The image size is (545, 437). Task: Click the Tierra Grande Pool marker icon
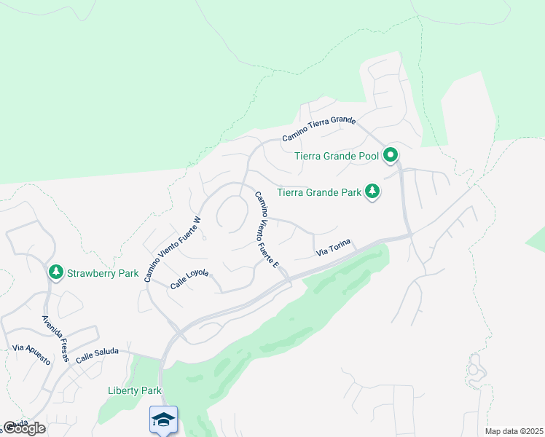pyautogui.click(x=391, y=154)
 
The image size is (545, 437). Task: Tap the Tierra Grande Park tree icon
pyautogui.click(x=372, y=192)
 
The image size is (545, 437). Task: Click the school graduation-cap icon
pyautogui.click(x=163, y=419)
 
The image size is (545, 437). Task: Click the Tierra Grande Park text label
pyautogui.click(x=319, y=193)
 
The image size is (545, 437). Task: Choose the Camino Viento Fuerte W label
pyautogui.click(x=172, y=249)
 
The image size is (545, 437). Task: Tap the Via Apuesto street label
pyautogui.click(x=31, y=349)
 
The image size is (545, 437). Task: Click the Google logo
pyautogui.click(x=24, y=428)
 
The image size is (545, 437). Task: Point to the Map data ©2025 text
pyautogui.click(x=513, y=431)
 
